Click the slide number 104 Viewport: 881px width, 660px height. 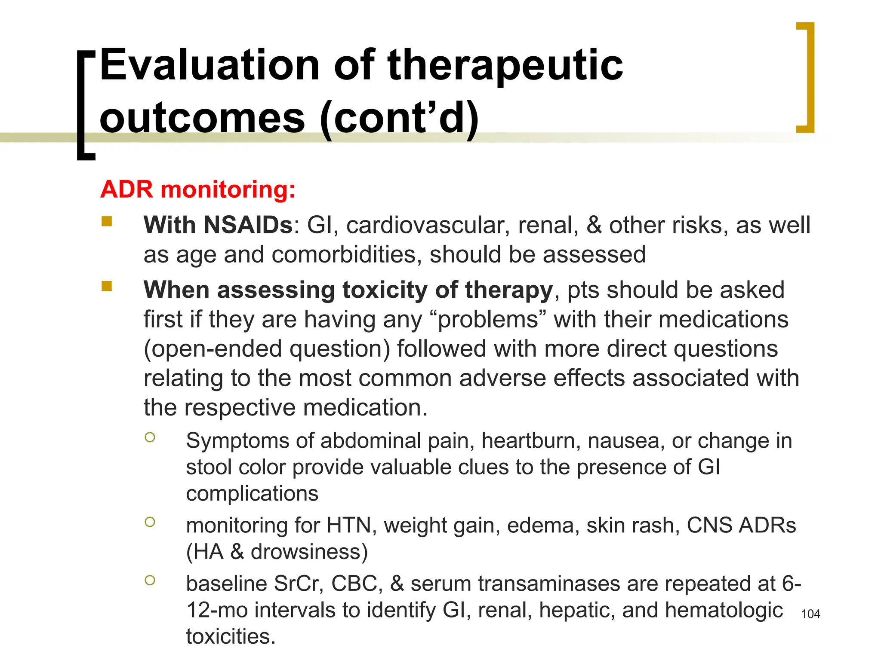tap(810, 614)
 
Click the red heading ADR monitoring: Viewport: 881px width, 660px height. tap(198, 189)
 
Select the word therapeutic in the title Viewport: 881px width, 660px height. tap(505, 65)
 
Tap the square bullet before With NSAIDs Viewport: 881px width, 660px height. tap(107, 222)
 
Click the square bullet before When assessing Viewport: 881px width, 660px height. tap(107, 286)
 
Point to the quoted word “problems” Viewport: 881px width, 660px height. tap(488, 320)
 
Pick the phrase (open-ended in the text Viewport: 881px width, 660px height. tap(213, 348)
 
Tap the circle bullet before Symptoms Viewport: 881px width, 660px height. tap(150, 437)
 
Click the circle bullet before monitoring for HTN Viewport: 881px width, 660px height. tap(150, 522)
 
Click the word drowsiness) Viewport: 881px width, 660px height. tap(309, 552)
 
